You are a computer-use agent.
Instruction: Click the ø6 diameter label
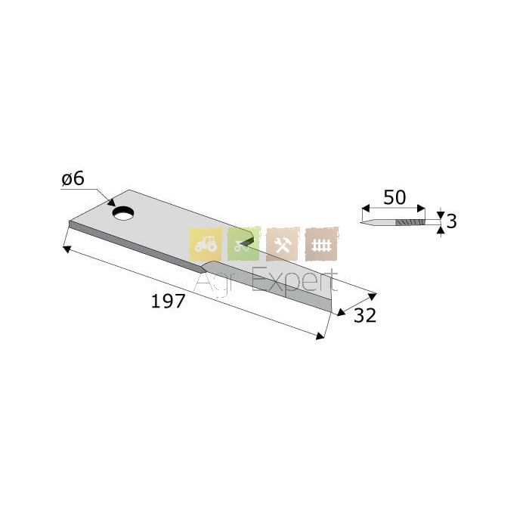[x=73, y=178]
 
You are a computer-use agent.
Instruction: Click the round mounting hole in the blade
[x=123, y=213]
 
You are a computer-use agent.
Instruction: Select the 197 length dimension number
[x=168, y=301]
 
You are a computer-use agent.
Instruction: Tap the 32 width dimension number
[x=365, y=316]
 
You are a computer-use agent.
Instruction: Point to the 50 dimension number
[x=394, y=197]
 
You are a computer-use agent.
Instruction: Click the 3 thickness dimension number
[x=452, y=221]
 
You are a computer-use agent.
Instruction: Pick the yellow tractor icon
[x=206, y=243]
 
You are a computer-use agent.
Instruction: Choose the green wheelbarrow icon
[x=244, y=243]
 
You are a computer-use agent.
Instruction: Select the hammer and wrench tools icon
[x=283, y=244]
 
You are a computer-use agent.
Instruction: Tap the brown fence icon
[x=321, y=244]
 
